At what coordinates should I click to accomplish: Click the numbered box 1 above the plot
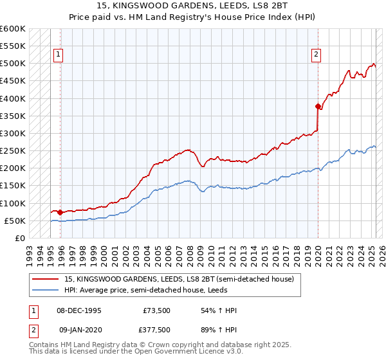coord(58,55)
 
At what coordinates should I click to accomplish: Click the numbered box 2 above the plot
coord(317,55)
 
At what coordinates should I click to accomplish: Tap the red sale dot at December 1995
coord(60,212)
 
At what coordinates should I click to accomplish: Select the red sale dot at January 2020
coord(318,106)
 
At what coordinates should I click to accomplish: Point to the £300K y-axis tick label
coord(13,133)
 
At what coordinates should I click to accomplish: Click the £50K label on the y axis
coord(15,221)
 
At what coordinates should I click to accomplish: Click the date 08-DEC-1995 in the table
coord(80,310)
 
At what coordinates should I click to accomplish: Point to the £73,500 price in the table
coord(156,310)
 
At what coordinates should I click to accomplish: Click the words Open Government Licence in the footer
coord(183,353)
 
